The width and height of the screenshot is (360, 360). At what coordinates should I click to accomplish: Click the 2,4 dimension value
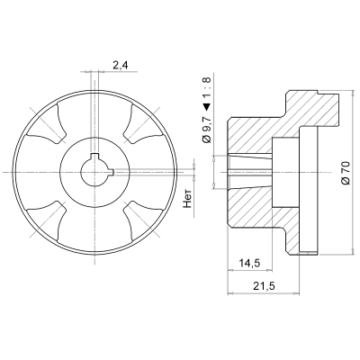point(120,66)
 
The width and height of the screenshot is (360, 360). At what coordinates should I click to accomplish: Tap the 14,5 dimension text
point(249,263)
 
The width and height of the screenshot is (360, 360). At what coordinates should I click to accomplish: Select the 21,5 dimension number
point(264,286)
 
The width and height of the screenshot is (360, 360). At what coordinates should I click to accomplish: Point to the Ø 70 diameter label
point(346,173)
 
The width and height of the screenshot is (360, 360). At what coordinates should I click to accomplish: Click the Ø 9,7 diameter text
point(208,130)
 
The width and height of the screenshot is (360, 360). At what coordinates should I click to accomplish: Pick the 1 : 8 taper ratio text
point(208,88)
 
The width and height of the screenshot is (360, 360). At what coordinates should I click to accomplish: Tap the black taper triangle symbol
point(208,106)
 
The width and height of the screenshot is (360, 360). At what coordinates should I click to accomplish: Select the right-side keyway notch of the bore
point(112,172)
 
